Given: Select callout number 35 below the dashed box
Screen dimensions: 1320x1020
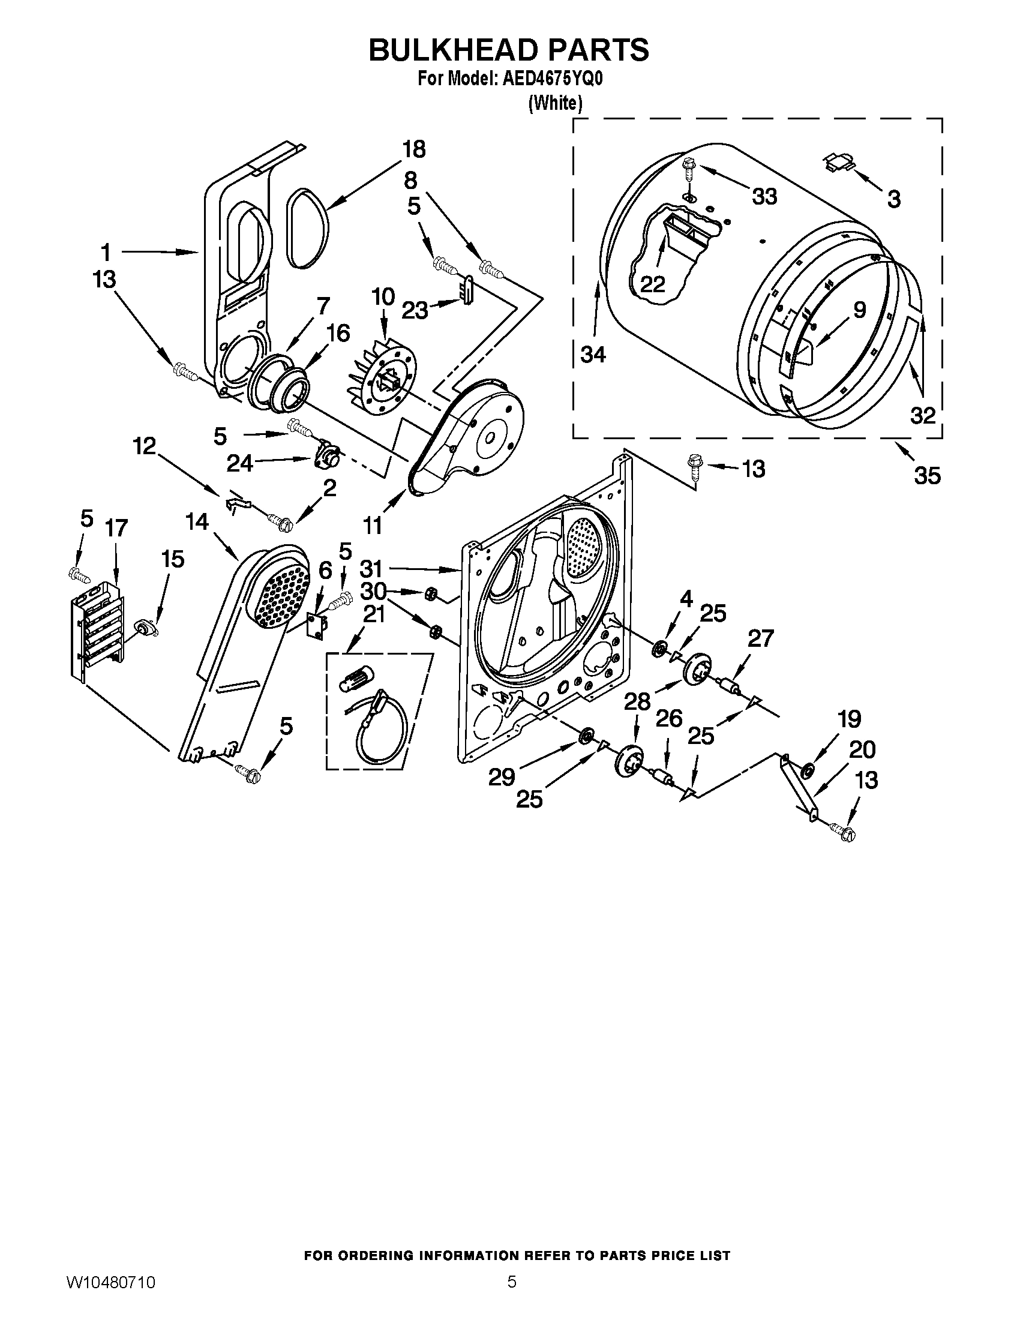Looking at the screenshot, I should (x=927, y=476).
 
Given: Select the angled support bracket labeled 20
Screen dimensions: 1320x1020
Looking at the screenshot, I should (x=797, y=786).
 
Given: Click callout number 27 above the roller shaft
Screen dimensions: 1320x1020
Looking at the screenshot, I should (x=760, y=638).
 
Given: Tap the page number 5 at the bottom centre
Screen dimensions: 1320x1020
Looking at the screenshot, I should (x=511, y=1294).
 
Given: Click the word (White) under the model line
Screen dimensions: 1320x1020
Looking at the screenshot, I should (x=555, y=103).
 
